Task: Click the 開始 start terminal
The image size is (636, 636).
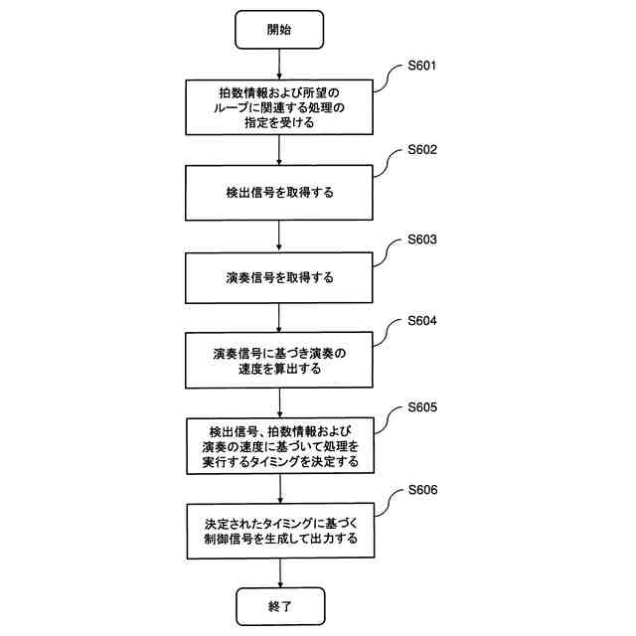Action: (279, 30)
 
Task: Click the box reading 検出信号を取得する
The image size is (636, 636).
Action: (279, 193)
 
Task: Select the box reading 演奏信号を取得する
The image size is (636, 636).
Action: (279, 277)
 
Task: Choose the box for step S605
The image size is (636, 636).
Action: (279, 446)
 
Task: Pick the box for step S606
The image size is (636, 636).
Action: (279, 530)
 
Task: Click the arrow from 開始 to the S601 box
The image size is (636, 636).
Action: (279, 64)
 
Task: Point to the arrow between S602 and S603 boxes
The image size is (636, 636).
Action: (279, 236)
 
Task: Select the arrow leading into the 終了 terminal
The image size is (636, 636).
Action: (279, 570)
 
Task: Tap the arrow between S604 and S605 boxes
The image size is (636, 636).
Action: (279, 402)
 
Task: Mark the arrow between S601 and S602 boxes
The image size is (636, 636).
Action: (279, 149)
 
